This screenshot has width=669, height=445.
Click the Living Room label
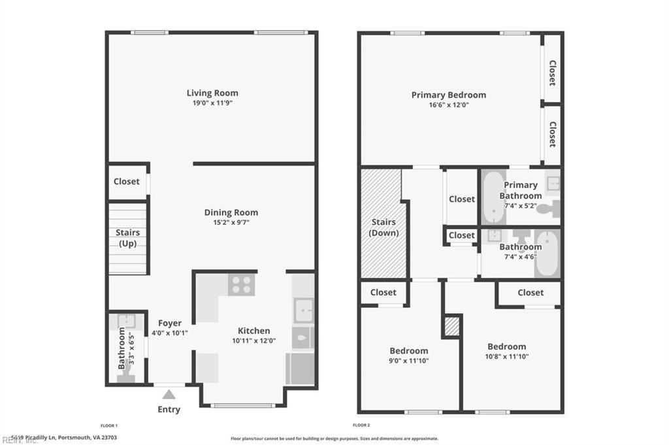pos(212,93)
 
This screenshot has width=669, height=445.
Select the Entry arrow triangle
pos(169,394)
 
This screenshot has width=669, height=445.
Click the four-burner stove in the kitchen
pos(241,284)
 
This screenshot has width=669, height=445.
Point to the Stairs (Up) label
pos(127,238)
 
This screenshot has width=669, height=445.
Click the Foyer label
pos(170,323)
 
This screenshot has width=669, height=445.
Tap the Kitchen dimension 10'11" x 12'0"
pos(253,340)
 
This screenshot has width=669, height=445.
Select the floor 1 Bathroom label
pos(122,348)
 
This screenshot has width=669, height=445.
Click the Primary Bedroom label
pos(448,95)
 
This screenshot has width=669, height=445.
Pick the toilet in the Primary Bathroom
pos(551,208)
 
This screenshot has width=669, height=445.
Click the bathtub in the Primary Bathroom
pos(493,197)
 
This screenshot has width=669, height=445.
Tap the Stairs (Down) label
pos(383,227)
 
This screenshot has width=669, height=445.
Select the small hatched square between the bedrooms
pos(451,325)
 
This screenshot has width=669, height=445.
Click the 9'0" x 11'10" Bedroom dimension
pos(409,361)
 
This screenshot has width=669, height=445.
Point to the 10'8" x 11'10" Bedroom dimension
pos(506,357)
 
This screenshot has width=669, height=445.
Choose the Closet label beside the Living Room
pos(127,181)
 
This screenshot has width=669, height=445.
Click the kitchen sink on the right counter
pos(303,310)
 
